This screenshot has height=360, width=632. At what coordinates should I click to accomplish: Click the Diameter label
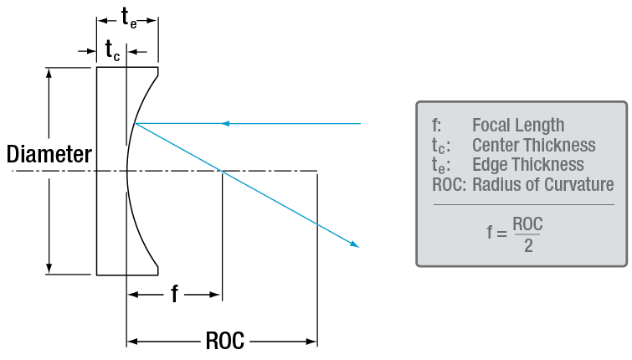(x=49, y=154)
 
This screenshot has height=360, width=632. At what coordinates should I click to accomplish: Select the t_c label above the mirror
(x=111, y=51)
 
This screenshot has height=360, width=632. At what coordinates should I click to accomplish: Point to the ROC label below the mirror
(x=224, y=341)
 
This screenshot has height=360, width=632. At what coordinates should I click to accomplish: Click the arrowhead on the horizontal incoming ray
(x=224, y=124)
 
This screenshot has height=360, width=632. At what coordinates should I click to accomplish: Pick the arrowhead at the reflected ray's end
(x=355, y=244)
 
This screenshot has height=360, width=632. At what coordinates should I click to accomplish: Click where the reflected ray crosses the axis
(x=221, y=172)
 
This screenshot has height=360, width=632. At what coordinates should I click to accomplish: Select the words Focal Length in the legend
(x=518, y=126)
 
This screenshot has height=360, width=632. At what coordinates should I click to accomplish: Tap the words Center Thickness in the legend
(x=533, y=146)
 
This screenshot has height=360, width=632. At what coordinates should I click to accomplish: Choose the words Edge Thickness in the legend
(x=527, y=165)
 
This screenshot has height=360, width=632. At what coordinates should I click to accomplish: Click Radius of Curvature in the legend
(x=542, y=185)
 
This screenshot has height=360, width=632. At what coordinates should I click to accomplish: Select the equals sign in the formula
(x=501, y=235)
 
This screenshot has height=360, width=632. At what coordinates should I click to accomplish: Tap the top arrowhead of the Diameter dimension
(x=50, y=72)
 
